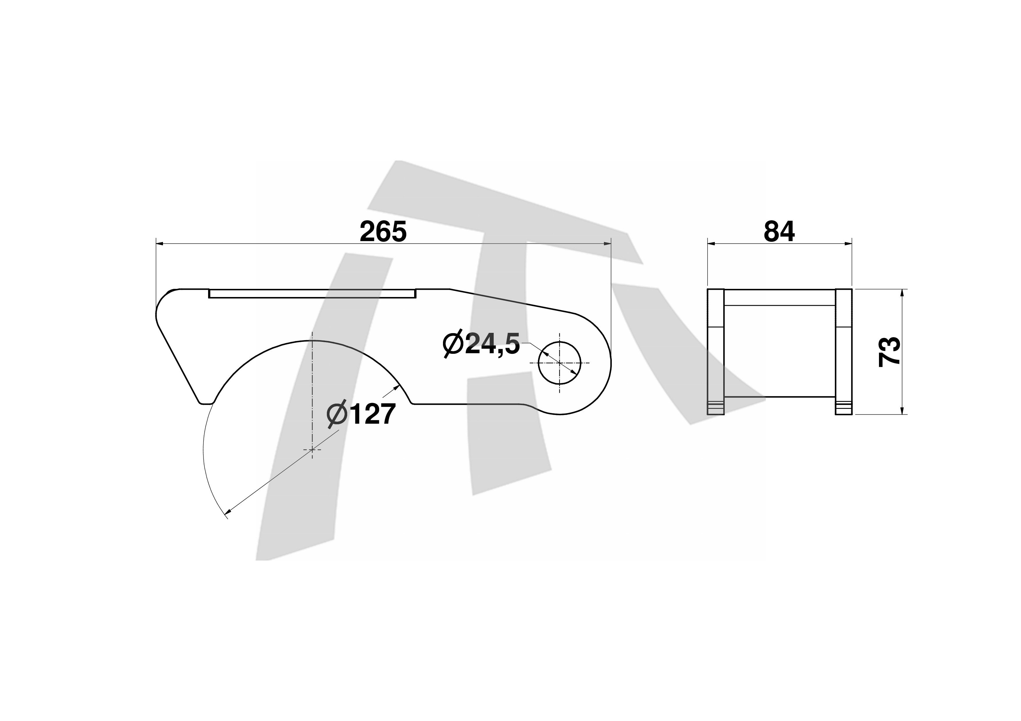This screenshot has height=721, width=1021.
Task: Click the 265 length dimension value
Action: click(383, 232)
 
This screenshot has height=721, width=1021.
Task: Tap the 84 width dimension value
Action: click(779, 232)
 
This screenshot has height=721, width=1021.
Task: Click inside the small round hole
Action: click(559, 363)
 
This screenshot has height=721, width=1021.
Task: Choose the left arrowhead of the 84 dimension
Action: click(712, 244)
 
